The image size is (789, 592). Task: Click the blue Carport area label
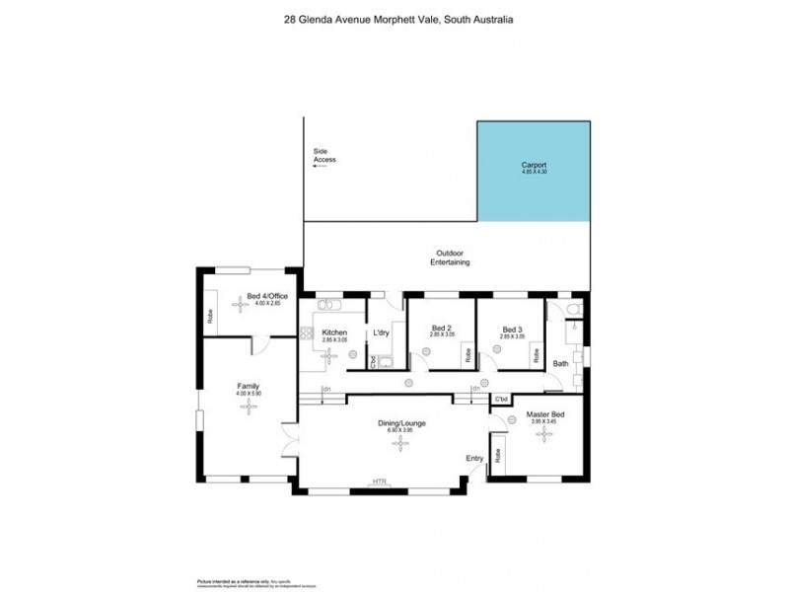pos(534,165)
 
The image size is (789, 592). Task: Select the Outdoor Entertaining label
pos(449,258)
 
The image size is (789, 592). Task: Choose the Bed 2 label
pos(441,330)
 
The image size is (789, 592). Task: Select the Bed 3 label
pos(510,330)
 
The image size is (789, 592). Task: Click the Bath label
pos(560,364)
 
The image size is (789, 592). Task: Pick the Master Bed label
pos(543,414)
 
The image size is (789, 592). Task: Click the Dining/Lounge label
pos(401,423)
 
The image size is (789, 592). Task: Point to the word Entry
pos(475,459)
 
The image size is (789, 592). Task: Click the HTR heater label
pos(380,482)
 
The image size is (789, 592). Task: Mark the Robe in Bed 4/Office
pos(210,317)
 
